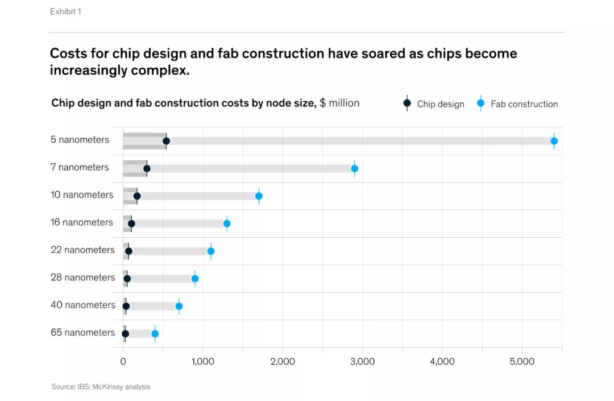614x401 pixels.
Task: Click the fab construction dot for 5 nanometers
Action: click(554, 141)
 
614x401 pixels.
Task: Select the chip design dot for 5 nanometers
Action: click(166, 141)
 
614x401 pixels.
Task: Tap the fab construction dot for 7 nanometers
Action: click(354, 168)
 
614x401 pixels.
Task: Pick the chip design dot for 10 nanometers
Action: click(137, 196)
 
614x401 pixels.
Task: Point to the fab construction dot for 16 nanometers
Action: click(227, 224)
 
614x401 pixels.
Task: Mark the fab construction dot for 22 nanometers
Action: click(211, 251)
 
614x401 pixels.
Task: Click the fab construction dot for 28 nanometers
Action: click(195, 279)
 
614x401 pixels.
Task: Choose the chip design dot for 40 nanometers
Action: click(126, 306)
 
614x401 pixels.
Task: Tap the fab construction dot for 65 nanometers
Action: click(155, 334)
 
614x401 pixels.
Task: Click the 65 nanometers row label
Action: click(82, 332)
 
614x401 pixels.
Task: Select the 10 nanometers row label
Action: click(82, 195)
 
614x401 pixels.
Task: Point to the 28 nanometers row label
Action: click(82, 278)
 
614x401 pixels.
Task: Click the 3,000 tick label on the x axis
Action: click(362, 361)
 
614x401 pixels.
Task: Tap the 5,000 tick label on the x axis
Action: click(522, 361)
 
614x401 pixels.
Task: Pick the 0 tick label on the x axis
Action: click(123, 361)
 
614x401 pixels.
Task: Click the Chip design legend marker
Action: click(407, 104)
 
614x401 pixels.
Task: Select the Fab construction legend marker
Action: click(480, 104)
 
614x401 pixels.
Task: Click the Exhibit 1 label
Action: click(65, 11)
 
